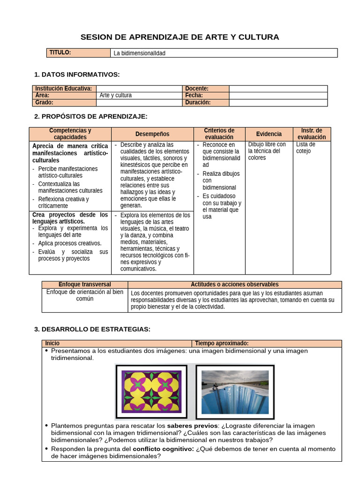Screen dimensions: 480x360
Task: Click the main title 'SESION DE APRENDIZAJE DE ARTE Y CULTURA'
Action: pyautogui.click(x=180, y=37)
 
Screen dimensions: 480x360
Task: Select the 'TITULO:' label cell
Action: pyautogui.click(x=60, y=52)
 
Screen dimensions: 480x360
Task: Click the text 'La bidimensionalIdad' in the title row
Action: pyautogui.click(x=140, y=53)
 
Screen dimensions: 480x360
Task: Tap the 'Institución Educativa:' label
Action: pyautogui.click(x=64, y=89)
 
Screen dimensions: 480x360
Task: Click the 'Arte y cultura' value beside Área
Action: pyautogui.click(x=116, y=95)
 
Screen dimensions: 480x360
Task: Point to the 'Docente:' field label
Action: pyautogui.click(x=197, y=89)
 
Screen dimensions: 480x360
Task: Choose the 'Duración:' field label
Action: pyautogui.click(x=198, y=102)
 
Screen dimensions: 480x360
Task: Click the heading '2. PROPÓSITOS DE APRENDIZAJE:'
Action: pyautogui.click(x=91, y=116)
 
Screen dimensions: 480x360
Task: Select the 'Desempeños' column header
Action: pyautogui.click(x=152, y=134)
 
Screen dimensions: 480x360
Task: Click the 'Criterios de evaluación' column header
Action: pyautogui.click(x=219, y=134)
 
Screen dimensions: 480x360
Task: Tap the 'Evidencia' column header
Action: pyautogui.click(x=269, y=134)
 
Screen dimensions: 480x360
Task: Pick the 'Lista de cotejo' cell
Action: pyautogui.click(x=306, y=148)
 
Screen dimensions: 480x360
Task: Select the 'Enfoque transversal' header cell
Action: pyautogui.click(x=85, y=285)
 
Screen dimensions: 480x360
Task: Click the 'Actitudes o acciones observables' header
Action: pyautogui.click(x=234, y=285)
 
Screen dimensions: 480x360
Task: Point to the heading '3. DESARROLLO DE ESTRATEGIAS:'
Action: pyautogui.click(x=92, y=330)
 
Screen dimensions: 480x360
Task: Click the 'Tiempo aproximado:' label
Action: pyautogui.click(x=222, y=344)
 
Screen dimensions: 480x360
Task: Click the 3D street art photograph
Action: pyautogui.click(x=235, y=391)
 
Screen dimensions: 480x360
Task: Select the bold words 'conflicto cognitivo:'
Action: pyautogui.click(x=163, y=449)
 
